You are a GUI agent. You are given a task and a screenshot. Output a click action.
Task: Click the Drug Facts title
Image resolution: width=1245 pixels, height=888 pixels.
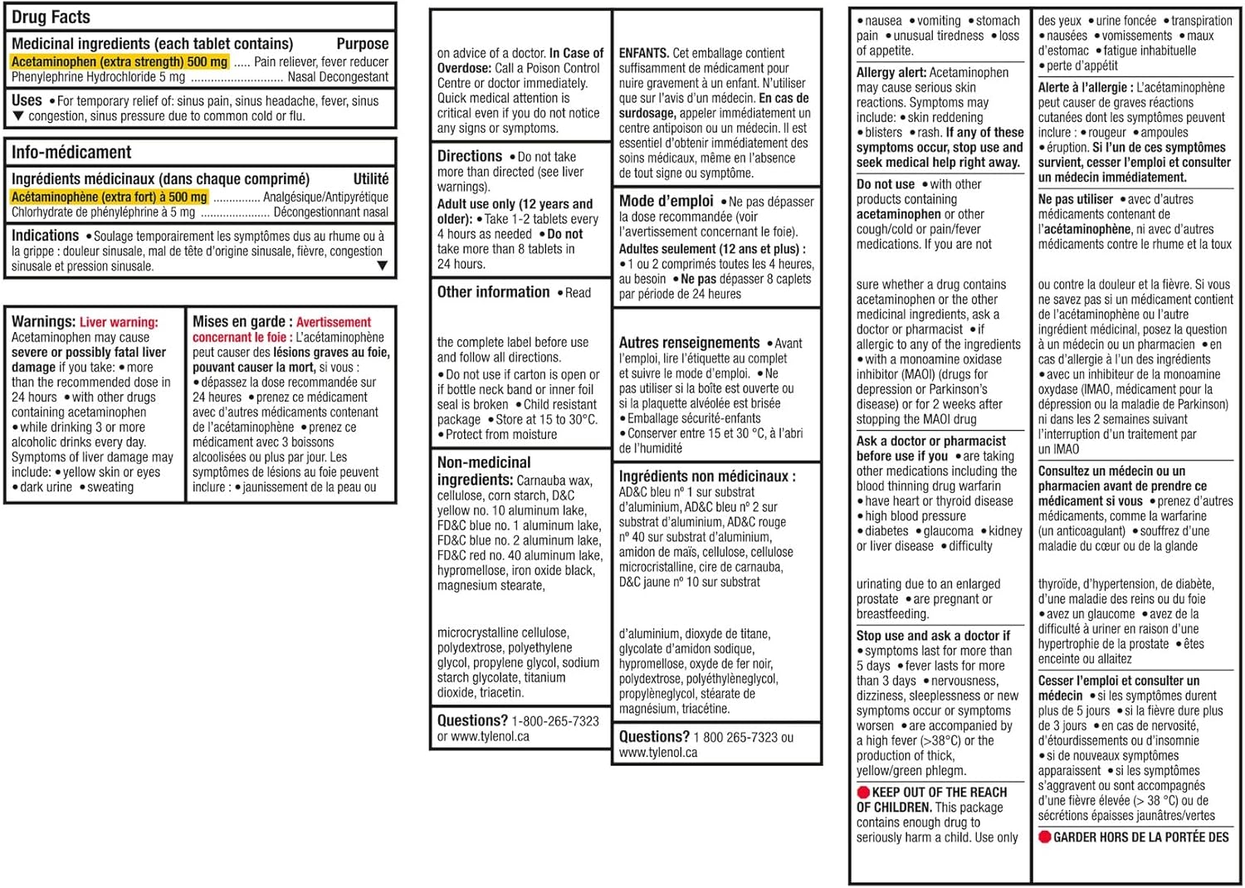51,17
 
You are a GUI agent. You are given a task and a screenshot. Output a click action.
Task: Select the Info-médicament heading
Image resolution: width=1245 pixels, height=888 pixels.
71,152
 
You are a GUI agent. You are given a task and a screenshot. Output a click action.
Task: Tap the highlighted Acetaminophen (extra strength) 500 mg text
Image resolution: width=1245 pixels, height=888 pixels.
120,61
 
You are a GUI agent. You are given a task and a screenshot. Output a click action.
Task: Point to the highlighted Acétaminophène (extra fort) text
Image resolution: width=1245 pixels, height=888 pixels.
109,197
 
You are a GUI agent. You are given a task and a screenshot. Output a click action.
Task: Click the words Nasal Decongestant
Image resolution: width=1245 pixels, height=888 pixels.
338,77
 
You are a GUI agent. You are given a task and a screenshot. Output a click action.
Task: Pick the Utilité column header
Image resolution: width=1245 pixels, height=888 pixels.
370,178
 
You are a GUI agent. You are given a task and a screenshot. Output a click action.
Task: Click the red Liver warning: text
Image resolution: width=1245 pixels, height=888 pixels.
119,322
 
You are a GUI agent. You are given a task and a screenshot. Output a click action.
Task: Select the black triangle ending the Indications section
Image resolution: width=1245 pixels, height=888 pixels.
382,266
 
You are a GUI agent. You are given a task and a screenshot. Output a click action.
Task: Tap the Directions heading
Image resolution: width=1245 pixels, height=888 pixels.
470,156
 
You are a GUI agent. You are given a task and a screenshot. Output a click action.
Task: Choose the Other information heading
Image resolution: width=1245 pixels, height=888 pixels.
494,292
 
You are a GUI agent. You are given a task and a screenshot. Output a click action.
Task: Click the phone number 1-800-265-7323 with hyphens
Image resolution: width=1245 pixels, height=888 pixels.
555,721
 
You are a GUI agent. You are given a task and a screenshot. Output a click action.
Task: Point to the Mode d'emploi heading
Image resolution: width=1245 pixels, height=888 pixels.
666,201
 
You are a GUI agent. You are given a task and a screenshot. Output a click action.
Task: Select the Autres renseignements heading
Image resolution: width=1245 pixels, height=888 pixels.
689,343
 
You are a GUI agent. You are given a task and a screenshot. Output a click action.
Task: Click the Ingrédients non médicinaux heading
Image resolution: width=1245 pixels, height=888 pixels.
707,476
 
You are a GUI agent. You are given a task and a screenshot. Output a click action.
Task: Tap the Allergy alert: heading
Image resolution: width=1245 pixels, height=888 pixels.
891,73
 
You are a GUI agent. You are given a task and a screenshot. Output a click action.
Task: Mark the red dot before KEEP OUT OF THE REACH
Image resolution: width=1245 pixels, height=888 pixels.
863,793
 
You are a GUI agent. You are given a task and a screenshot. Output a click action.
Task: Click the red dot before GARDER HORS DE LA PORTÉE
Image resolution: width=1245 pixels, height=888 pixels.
1045,837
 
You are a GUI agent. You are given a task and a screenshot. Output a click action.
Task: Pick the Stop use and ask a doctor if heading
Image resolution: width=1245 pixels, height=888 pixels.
933,636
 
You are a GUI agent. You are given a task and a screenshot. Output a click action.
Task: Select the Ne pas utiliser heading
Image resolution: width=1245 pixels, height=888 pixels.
1075,199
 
